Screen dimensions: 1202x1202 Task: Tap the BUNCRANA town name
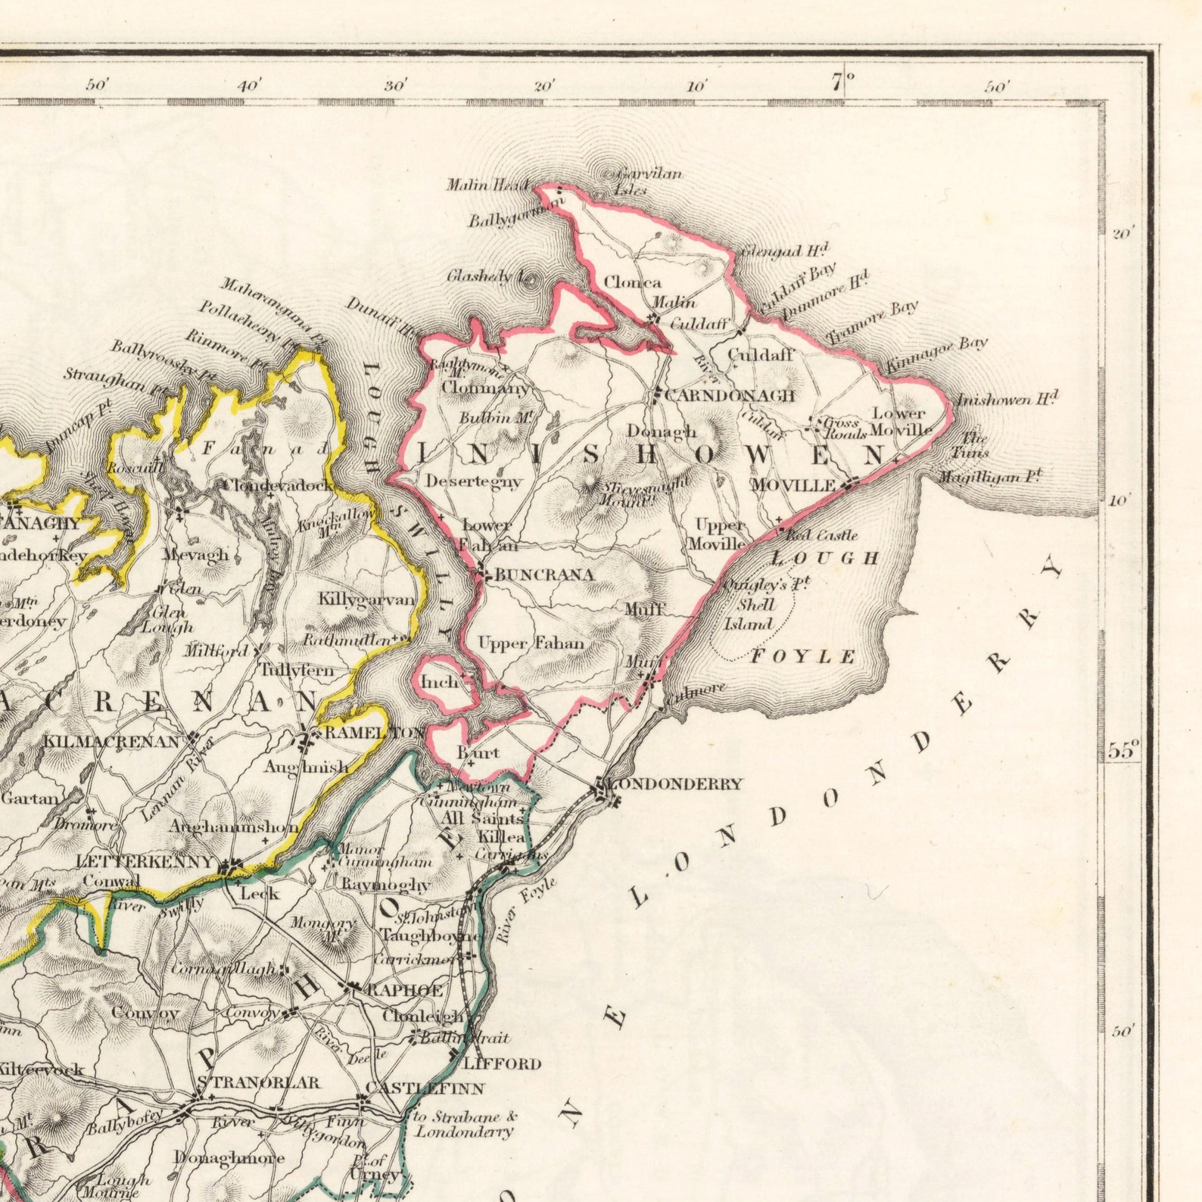[544, 575]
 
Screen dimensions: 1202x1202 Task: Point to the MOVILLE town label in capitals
[793, 485]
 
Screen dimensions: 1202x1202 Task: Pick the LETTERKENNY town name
[145, 861]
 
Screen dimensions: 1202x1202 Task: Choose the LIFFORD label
[502, 1063]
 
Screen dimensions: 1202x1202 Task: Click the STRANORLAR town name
[264, 1083]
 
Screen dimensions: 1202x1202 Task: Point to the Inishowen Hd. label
[1007, 400]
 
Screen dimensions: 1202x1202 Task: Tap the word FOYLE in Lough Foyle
[803, 656]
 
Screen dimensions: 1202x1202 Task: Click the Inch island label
[440, 682]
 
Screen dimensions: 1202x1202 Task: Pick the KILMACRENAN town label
[111, 741]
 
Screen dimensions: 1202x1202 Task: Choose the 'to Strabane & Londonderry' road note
[465, 1124]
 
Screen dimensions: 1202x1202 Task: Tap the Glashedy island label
[480, 276]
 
